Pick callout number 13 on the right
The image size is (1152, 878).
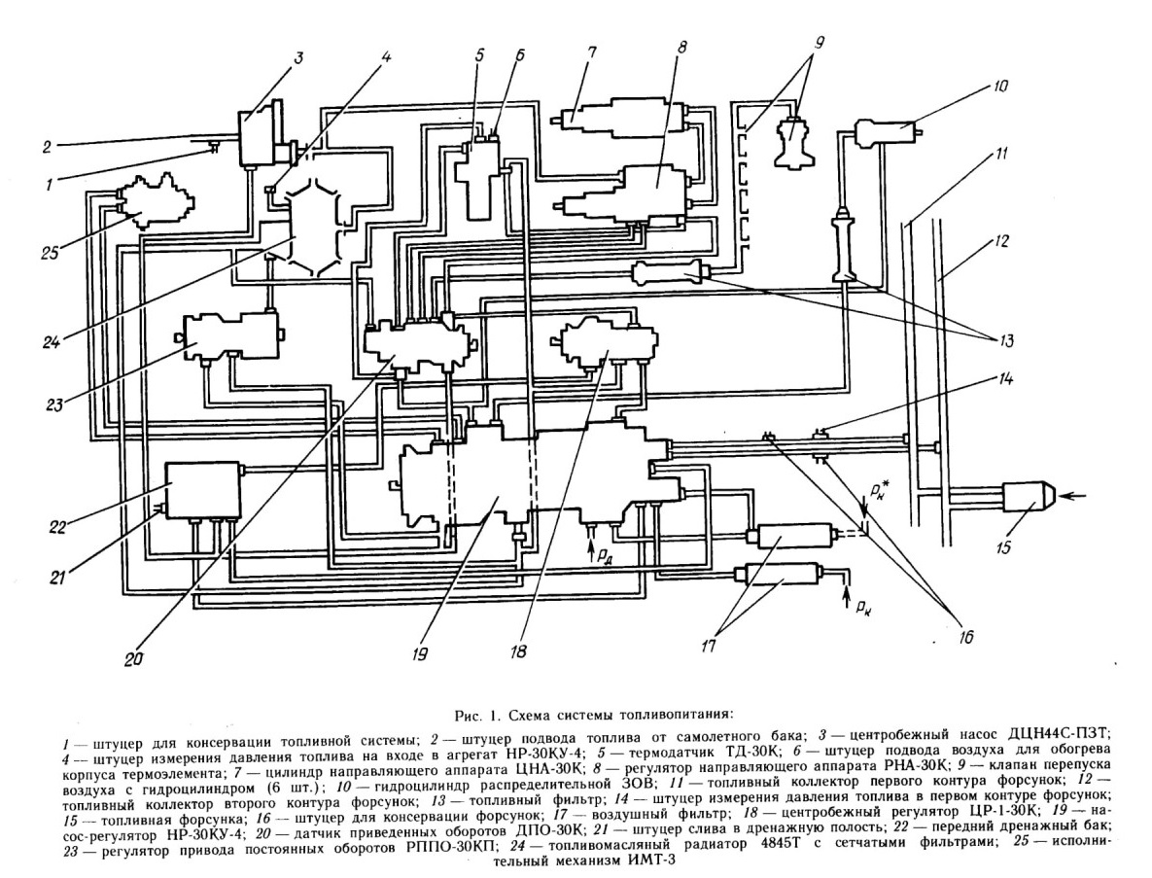[x=1005, y=340]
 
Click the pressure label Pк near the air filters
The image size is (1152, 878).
[x=862, y=606]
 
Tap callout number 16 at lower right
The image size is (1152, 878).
[x=965, y=635]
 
